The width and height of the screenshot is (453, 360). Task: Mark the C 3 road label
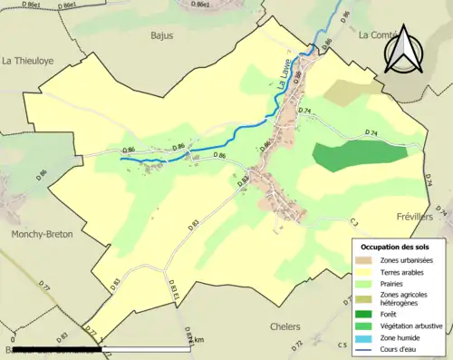coord(354,220)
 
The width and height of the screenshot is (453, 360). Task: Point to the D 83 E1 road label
coord(175,289)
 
